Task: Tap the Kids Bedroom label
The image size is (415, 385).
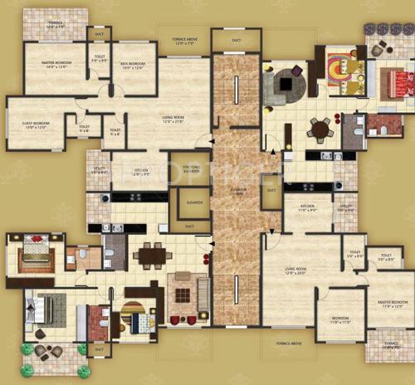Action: coord(134,66)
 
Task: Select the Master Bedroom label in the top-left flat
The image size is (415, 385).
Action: coord(49,66)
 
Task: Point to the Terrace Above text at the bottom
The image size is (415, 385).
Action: coord(284,342)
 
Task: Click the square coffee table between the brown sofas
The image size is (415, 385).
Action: coord(181,292)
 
